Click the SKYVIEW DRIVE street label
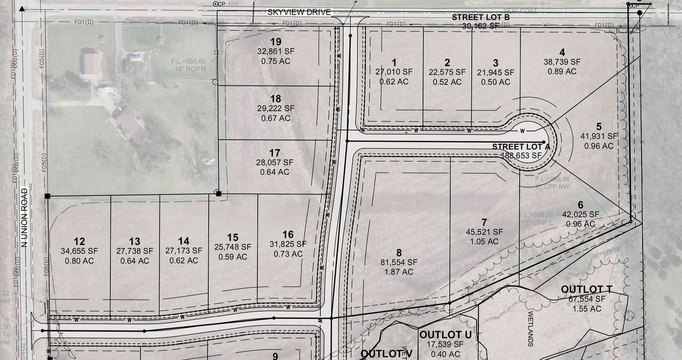pos(299,12)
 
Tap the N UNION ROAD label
pos(24,218)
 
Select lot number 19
pos(276,41)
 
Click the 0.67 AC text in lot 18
pos(276,118)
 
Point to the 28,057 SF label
pos(274,162)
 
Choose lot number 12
pos(79,241)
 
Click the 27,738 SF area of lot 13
pos(135,251)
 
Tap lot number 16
pos(288,235)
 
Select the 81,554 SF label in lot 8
pos(399,262)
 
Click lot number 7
pos(484,222)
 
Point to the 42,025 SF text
pos(580,214)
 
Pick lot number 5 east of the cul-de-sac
pos(599,127)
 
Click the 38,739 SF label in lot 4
pos(562,62)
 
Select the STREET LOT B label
pos(481,17)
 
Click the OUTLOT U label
pos(445,335)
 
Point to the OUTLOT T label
pos(587,289)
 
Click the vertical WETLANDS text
pos(530,329)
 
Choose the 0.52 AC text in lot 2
pos(447,82)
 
